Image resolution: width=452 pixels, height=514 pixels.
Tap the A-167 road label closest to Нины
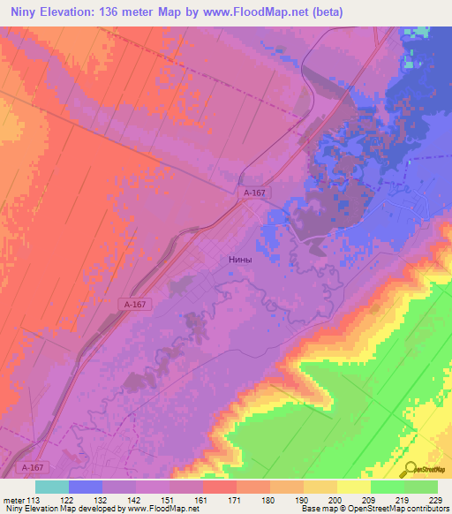pyautogui.click(x=254, y=192)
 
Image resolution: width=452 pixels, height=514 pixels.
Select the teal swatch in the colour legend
pyautogui.click(x=52, y=487)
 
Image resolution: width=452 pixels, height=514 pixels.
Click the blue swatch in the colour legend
pyautogui.click(x=86, y=487)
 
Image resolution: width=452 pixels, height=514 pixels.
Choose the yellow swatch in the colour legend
pyautogui.click(x=354, y=487)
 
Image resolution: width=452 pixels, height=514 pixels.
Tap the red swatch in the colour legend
pyautogui.click(x=220, y=487)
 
